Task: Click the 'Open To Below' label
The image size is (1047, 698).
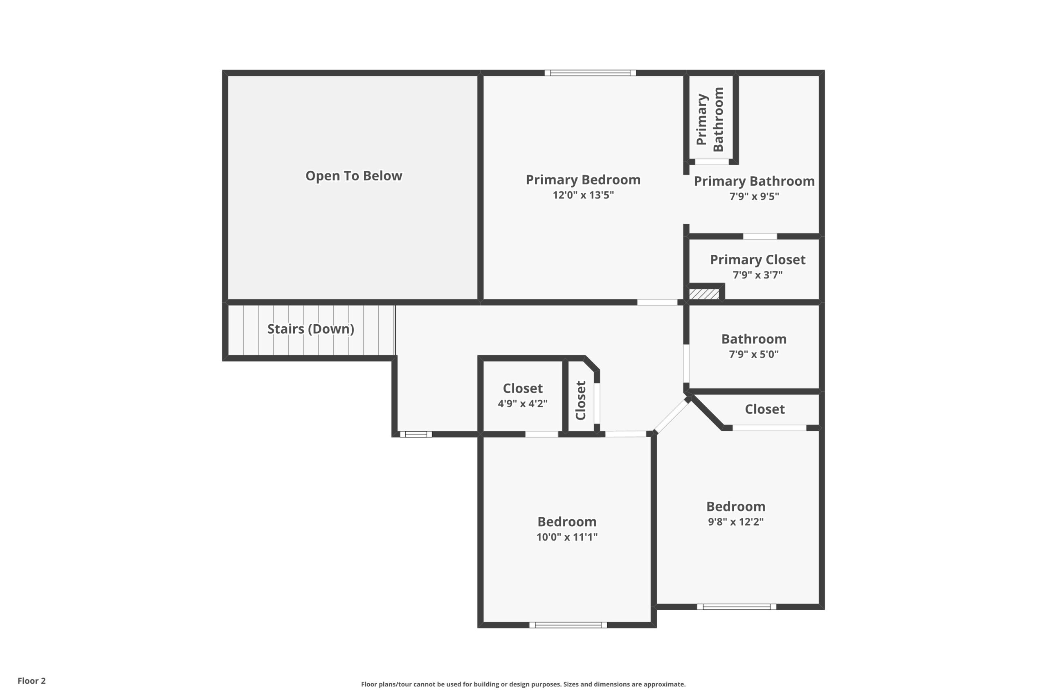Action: click(x=353, y=176)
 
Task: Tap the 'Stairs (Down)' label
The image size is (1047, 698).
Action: click(x=311, y=329)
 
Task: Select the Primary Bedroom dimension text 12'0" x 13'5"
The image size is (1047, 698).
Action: click(x=583, y=195)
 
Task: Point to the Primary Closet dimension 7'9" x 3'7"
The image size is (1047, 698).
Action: click(x=758, y=275)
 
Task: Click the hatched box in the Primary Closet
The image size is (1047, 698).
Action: click(x=704, y=294)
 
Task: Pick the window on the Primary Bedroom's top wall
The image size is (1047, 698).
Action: click(x=590, y=73)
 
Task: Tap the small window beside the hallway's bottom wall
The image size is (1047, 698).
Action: click(x=416, y=434)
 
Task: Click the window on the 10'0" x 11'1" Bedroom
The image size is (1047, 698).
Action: click(x=568, y=625)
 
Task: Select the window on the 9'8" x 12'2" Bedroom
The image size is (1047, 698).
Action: click(x=737, y=607)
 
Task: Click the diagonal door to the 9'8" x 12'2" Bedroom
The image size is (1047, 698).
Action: click(x=672, y=416)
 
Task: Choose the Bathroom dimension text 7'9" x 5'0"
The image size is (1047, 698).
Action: click(x=754, y=355)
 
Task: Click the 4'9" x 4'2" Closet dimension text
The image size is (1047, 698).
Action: click(x=523, y=404)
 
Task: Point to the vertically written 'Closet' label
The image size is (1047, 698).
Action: click(x=580, y=400)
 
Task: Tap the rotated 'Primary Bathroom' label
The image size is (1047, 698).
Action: click(x=710, y=119)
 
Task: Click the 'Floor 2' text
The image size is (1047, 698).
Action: click(x=31, y=681)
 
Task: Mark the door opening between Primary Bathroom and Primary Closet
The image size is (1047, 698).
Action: click(x=760, y=236)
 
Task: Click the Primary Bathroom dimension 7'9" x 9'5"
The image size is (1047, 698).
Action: click(x=754, y=196)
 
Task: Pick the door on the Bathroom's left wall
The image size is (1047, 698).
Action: click(x=686, y=363)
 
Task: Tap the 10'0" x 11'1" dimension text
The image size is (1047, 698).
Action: click(x=567, y=537)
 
